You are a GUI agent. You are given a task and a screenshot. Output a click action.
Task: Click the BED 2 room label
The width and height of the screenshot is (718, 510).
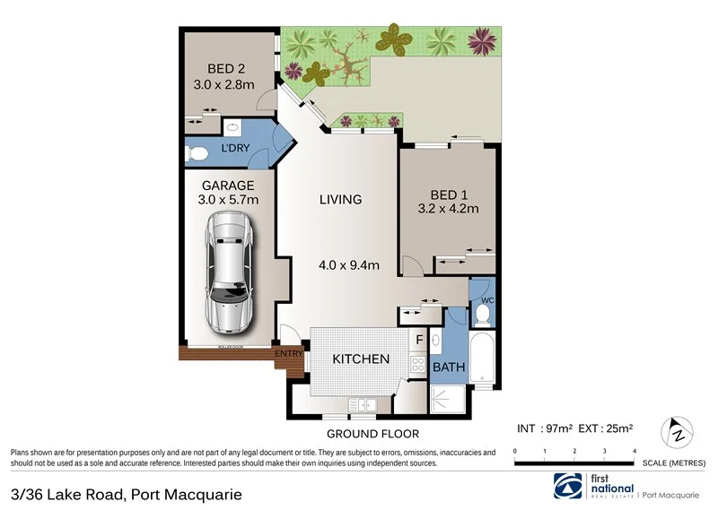click(225, 68)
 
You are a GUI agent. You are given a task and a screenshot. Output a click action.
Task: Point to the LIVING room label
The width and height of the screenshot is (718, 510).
click(340, 199)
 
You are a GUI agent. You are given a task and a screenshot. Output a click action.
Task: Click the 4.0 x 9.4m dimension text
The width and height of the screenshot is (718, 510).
click(349, 264)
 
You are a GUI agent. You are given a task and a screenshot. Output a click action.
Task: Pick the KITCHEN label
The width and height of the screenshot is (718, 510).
click(361, 359)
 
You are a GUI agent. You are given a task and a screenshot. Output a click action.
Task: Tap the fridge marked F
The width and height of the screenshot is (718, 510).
click(418, 341)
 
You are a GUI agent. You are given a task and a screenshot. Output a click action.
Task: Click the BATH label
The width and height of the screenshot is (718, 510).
click(448, 367)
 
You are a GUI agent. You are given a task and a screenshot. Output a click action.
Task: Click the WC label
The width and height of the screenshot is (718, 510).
click(488, 300)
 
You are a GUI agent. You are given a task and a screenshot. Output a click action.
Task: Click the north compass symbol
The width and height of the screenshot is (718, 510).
click(679, 435)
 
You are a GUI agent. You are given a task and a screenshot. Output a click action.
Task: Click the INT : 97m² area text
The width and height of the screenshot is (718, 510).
click(546, 428)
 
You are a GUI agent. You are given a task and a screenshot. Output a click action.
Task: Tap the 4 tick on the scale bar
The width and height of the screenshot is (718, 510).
click(635, 451)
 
